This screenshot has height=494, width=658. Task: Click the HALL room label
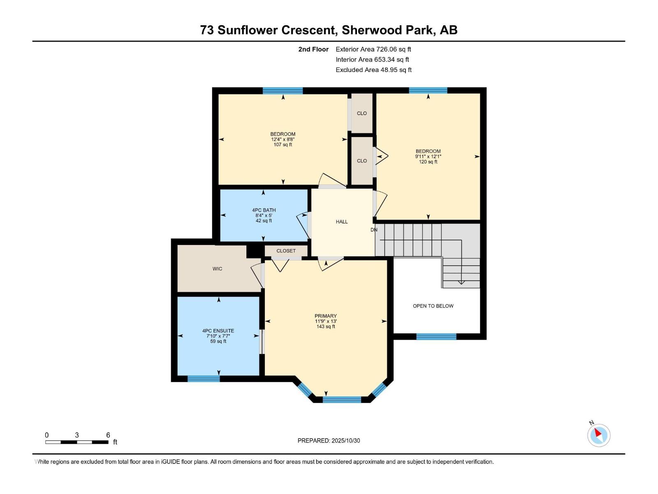(x=342, y=222)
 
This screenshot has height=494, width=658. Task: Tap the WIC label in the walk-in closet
(x=217, y=269)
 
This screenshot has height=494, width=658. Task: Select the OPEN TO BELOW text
(x=433, y=306)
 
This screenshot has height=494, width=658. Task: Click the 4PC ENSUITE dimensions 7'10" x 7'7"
(x=218, y=336)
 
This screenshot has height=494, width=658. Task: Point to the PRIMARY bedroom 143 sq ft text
(x=326, y=326)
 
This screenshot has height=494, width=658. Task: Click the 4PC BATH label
(x=264, y=210)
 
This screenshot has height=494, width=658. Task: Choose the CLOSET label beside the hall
(x=286, y=251)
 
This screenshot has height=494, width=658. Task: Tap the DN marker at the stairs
(x=374, y=230)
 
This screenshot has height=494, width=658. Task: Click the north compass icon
(x=599, y=435)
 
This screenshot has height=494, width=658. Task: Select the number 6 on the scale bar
(x=108, y=435)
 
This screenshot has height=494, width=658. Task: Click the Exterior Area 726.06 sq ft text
(x=373, y=49)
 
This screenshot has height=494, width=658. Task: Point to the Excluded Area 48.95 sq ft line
(x=373, y=70)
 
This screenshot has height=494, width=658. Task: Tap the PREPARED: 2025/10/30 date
(x=329, y=440)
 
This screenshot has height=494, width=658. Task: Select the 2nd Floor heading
(x=313, y=49)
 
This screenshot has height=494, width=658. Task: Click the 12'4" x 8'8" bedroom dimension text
(x=283, y=140)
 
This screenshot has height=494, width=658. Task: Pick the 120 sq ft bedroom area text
(x=428, y=162)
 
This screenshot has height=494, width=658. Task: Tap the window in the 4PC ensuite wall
(x=204, y=379)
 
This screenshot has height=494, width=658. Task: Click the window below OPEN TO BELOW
(x=436, y=337)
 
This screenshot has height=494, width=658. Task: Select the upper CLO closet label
(x=362, y=113)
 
